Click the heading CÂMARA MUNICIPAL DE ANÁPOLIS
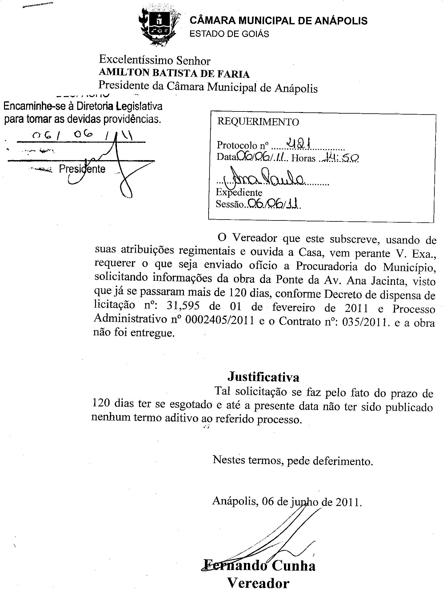278,21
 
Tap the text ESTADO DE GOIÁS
229,34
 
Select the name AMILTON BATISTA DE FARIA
174,74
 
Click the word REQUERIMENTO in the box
258,122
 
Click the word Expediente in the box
239,192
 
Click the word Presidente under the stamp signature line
82,169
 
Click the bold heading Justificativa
263,377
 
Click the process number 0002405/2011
220,321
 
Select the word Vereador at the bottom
258,583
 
